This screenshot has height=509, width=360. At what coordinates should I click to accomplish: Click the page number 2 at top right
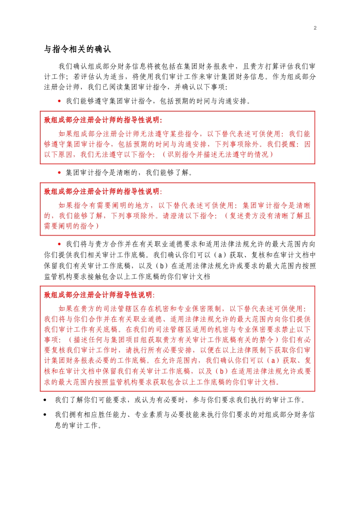tap(315, 28)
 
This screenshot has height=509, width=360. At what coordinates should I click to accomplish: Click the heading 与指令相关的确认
tap(77, 49)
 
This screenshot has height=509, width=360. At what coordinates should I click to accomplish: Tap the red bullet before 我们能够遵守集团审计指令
tap(59, 101)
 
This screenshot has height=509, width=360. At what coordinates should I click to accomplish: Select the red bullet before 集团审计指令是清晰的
tap(59, 173)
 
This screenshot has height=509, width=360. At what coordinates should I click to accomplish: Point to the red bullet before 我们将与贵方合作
tap(59, 244)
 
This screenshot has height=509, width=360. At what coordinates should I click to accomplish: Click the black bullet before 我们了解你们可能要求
tap(45, 400)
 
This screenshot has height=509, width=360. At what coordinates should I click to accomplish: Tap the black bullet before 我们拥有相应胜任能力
tap(45, 415)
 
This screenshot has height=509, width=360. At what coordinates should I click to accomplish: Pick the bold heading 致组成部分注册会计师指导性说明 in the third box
tap(99, 295)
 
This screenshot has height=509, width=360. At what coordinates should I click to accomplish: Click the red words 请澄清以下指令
tap(189, 216)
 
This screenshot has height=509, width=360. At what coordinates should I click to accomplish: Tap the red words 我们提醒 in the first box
tap(281, 144)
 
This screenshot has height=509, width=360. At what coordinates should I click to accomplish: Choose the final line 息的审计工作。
tap(78, 425)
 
